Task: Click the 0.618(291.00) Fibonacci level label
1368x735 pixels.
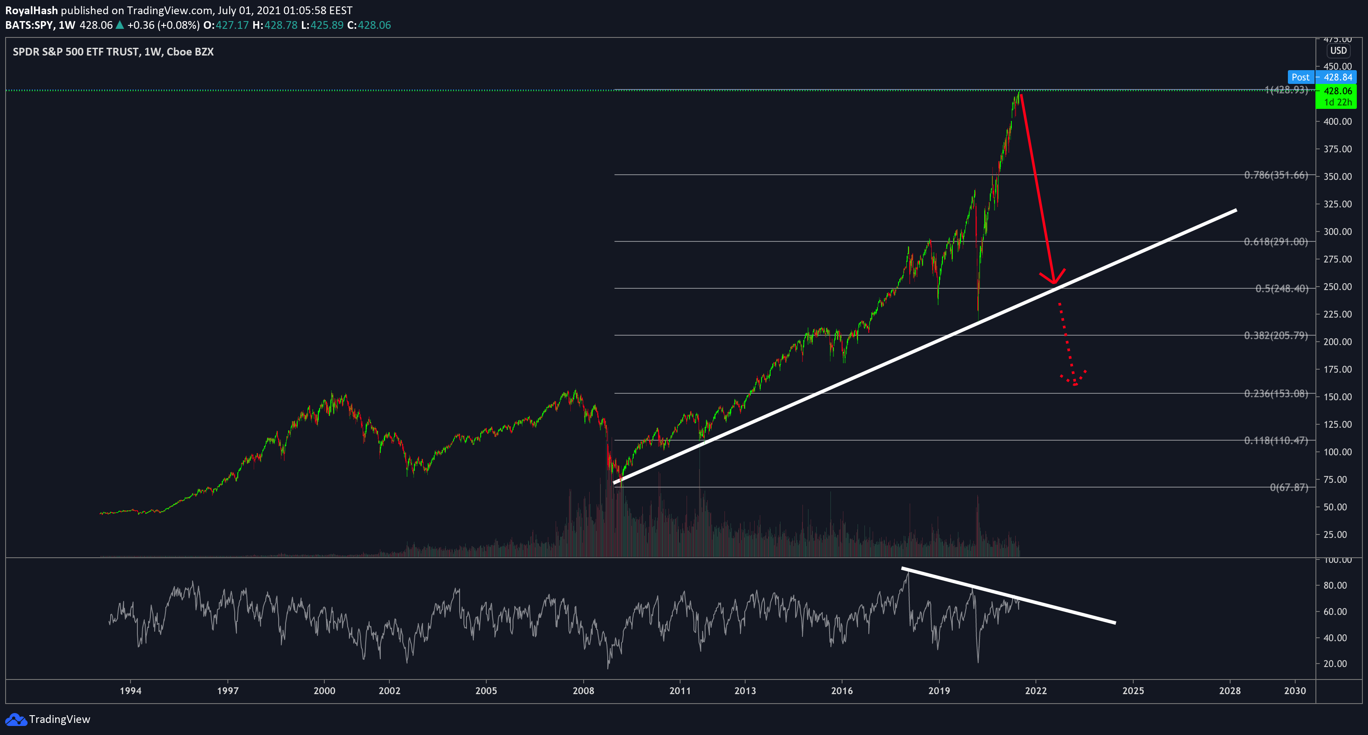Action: (x=1275, y=242)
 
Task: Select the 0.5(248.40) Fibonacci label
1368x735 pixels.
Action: (x=1281, y=289)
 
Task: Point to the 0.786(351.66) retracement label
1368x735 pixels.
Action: (x=1275, y=175)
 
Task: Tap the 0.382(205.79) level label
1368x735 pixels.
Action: (x=1275, y=335)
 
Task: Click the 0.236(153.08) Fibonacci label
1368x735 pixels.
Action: (x=1275, y=394)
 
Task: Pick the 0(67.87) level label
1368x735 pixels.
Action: (x=1289, y=488)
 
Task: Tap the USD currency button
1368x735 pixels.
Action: (x=1338, y=50)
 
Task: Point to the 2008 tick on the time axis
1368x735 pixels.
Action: (x=583, y=690)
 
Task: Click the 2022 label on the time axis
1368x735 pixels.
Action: (x=1035, y=690)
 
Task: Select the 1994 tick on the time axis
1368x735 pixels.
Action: (x=131, y=690)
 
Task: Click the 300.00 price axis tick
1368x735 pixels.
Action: (x=1337, y=232)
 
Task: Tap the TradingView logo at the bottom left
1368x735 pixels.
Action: (x=48, y=719)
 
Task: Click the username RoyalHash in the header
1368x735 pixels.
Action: (x=31, y=10)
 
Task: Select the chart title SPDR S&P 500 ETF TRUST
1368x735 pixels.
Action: (x=76, y=52)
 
